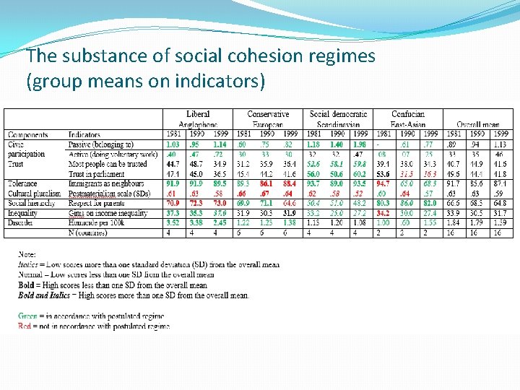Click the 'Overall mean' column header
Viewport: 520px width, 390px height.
click(x=477, y=125)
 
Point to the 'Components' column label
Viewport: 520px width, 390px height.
click(x=28, y=135)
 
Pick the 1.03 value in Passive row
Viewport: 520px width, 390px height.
click(x=173, y=145)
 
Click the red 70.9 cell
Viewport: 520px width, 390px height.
click(x=173, y=204)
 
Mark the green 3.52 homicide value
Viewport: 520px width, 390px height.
click(x=173, y=224)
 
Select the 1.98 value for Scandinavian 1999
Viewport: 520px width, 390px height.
click(x=360, y=145)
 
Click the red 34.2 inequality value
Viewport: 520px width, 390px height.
click(x=383, y=214)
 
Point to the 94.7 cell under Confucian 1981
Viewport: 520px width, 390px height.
click(x=383, y=184)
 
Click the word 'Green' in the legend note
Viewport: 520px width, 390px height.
click(x=28, y=316)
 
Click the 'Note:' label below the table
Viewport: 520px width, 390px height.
click(x=27, y=255)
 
